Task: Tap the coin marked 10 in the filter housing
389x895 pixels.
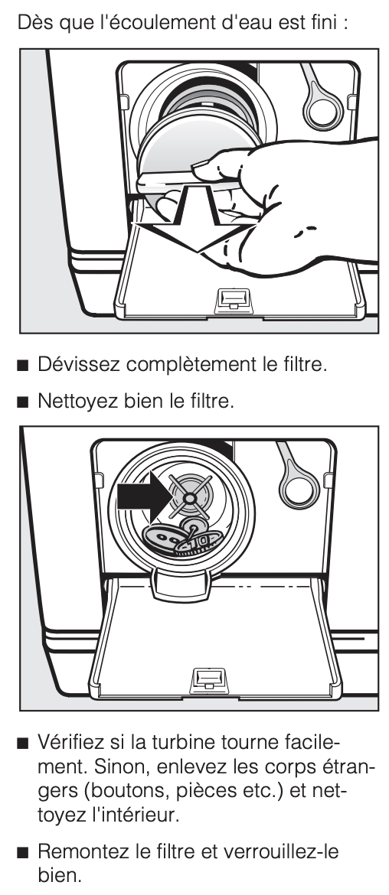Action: pos(198,543)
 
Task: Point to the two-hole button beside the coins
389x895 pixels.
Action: pos(165,538)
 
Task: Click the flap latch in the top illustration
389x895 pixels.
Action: pos(233,299)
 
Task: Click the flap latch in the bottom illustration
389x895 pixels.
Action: pos(210,680)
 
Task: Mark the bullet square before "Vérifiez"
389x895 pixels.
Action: pos(23,744)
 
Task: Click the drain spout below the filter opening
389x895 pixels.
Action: pos(181,586)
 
